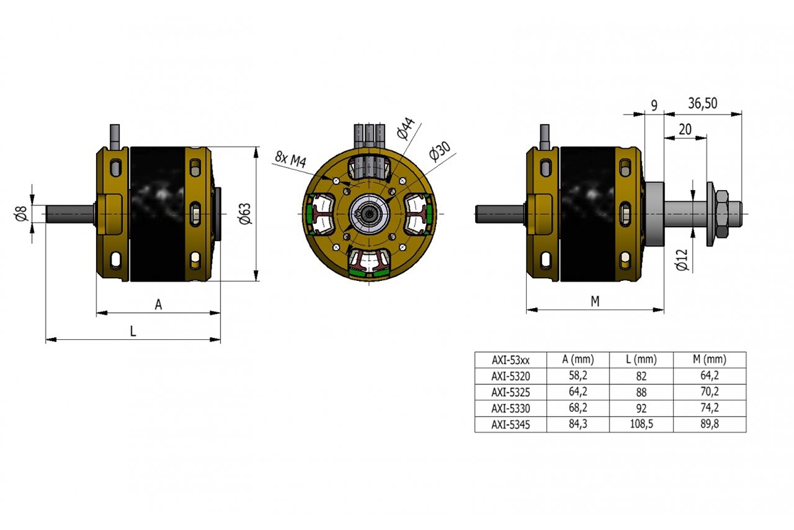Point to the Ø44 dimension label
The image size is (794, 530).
point(406,129)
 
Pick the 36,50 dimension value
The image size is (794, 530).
point(703,103)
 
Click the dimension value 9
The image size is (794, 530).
point(654,104)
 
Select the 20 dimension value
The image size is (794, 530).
point(685,130)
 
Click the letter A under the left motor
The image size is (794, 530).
point(158,304)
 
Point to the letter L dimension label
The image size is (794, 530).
point(133,331)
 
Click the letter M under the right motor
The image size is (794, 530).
point(595,301)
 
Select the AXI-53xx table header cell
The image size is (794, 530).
point(510,360)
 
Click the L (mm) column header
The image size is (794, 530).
point(641,360)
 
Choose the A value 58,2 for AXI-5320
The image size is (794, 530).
point(578,376)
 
